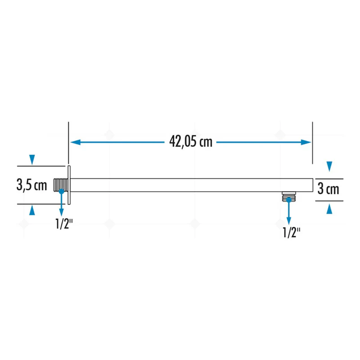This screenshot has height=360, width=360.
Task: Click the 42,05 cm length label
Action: tap(191, 141)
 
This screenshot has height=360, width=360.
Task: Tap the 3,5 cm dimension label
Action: tap(31, 184)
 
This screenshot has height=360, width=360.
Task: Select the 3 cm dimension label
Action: tap(328, 189)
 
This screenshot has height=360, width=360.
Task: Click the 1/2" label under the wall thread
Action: tap(64, 224)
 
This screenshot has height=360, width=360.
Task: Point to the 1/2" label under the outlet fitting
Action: tap(291, 232)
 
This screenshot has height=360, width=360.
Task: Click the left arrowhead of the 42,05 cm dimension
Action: tap(76, 142)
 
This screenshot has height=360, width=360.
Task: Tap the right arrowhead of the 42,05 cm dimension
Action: tap(306, 142)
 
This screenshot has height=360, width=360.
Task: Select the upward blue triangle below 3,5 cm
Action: tap(32, 210)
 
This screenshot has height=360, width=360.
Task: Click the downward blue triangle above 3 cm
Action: tap(329, 166)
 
